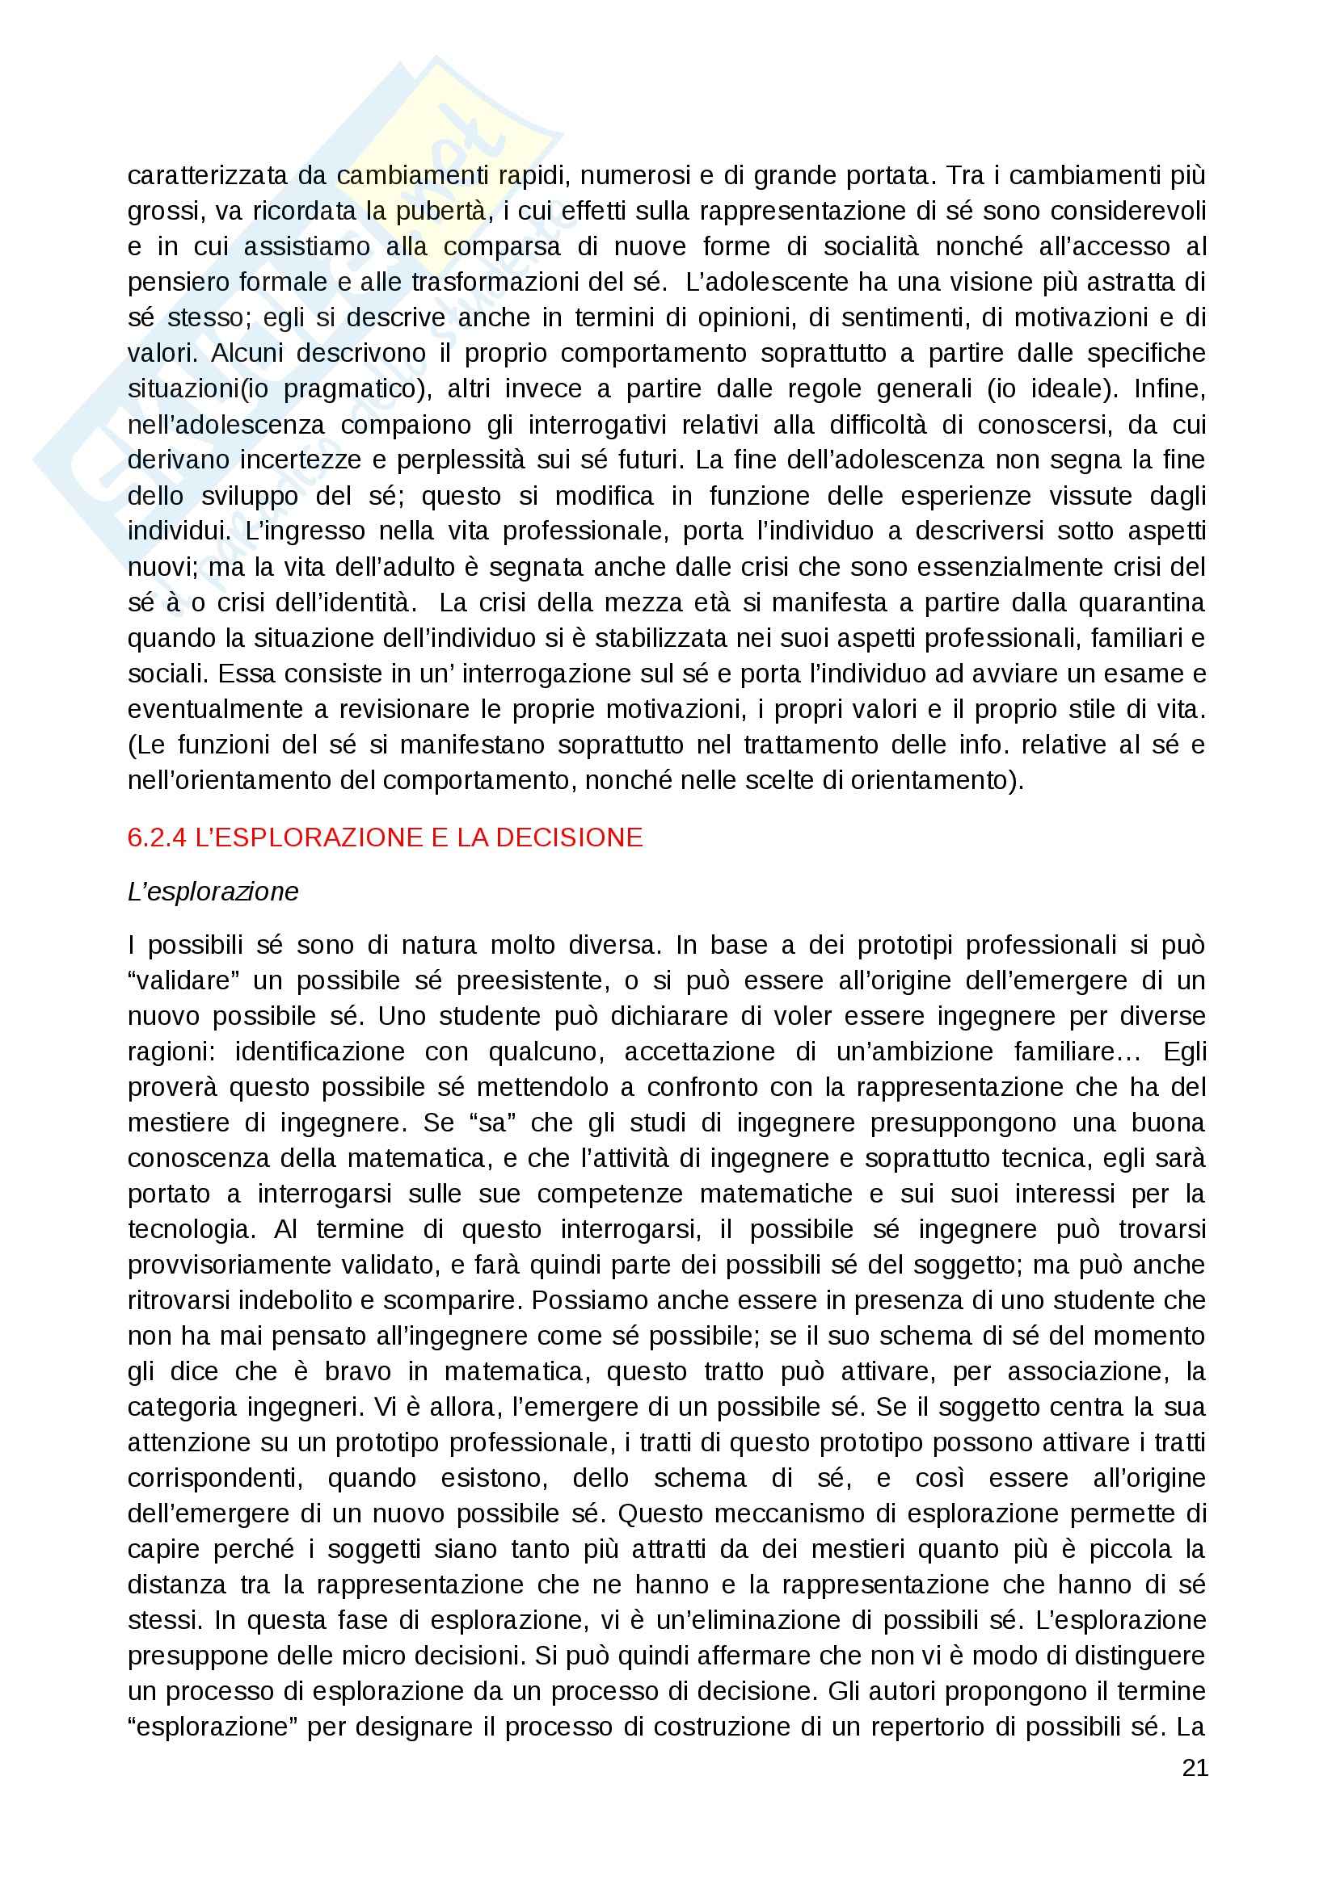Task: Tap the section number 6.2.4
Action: click(x=157, y=837)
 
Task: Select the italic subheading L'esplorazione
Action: click(x=213, y=892)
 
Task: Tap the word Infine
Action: click(x=1170, y=389)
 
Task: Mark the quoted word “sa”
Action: click(x=491, y=1123)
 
